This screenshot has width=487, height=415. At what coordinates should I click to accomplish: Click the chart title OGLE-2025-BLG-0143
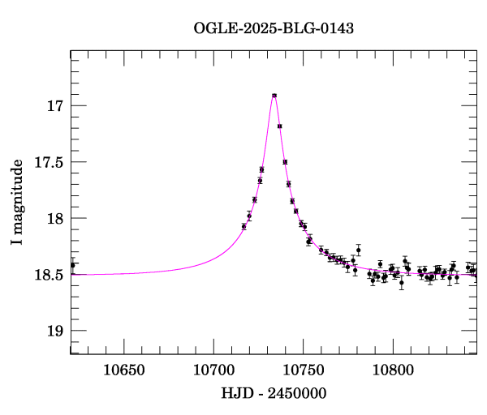(274, 28)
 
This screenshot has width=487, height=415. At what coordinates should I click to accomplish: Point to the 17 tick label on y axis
(55, 106)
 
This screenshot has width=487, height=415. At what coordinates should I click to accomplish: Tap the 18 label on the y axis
(55, 219)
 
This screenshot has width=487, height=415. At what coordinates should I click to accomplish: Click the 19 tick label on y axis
(55, 331)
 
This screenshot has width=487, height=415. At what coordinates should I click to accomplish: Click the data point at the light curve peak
(274, 96)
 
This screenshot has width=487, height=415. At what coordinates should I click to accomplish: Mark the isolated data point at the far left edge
(73, 265)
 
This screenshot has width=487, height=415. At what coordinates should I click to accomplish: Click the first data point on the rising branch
(243, 226)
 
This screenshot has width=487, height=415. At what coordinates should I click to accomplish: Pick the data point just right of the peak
(279, 126)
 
